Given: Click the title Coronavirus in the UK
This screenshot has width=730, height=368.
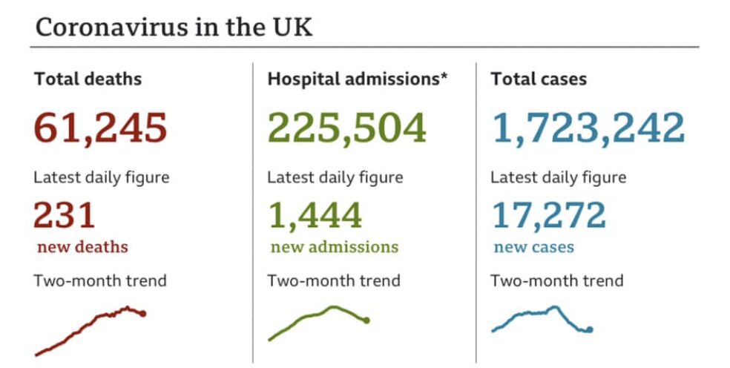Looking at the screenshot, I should point(174,27).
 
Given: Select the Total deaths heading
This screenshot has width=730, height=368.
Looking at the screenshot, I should point(88,79).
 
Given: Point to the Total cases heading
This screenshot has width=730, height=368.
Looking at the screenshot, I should point(539,79).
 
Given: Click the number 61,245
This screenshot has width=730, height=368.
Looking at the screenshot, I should point(101,128).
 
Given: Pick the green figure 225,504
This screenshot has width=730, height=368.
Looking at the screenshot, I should point(346,128).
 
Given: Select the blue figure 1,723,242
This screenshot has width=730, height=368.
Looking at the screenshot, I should point(588,128).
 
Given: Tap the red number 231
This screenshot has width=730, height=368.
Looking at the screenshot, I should point(65,216).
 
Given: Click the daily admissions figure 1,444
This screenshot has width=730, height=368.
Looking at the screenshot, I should point(315,216).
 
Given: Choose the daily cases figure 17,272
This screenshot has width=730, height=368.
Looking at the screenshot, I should point(549,216).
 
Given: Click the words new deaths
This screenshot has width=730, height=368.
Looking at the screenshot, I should point(82,247).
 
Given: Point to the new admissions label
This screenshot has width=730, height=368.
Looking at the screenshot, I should point(334,247).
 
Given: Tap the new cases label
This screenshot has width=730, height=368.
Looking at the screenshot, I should point(534,247).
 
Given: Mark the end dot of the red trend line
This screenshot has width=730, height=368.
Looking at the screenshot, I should point(142,314).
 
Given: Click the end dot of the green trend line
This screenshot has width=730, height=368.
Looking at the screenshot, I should point(366,321).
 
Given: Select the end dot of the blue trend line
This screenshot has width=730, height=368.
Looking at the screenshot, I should point(590,329).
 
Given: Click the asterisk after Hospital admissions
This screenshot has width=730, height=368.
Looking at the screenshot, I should point(444,76).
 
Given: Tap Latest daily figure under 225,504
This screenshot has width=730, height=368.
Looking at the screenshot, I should point(335,178).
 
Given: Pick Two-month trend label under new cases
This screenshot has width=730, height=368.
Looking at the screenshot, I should point(556,281).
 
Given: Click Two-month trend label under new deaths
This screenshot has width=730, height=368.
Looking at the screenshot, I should point(100,281).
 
